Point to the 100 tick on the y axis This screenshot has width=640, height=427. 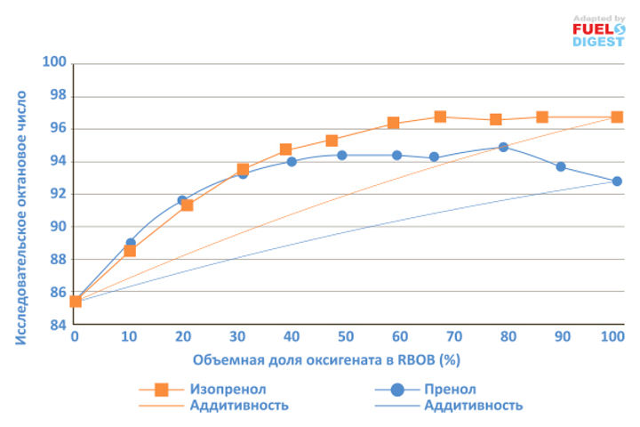(x=56, y=63)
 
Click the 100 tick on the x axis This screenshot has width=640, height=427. (x=612, y=337)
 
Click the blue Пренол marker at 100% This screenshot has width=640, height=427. (x=617, y=181)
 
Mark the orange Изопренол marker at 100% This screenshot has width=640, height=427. (x=617, y=117)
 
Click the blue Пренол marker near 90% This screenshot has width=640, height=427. (x=561, y=166)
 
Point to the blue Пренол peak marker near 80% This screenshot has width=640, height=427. (x=503, y=147)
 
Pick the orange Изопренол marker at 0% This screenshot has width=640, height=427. (x=76, y=302)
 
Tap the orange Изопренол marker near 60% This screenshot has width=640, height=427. (x=393, y=123)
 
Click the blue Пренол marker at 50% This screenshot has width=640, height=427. (x=341, y=155)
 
